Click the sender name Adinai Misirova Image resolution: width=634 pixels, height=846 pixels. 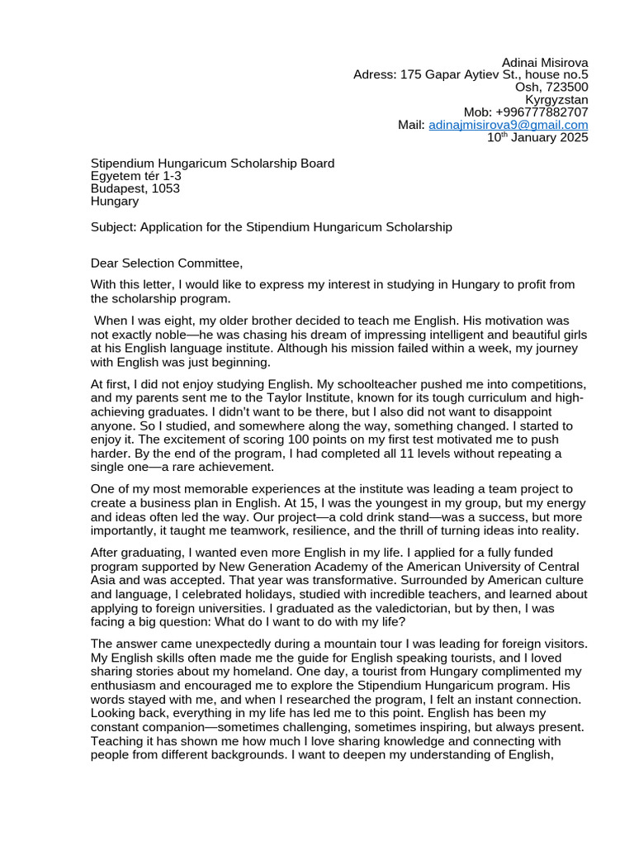[545, 63]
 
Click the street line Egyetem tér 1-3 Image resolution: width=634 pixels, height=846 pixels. [135, 176]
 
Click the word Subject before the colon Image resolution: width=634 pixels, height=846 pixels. [112, 226]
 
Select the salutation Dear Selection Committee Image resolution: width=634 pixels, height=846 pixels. [167, 264]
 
